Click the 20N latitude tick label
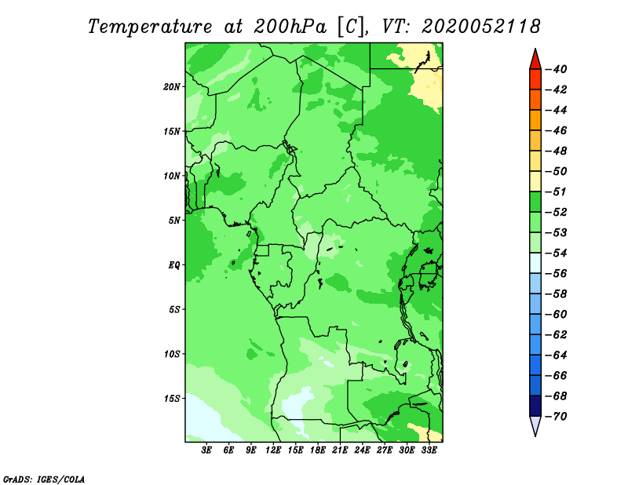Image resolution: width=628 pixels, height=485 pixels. tap(172, 87)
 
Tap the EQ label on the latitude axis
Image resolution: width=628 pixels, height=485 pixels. tap(173, 265)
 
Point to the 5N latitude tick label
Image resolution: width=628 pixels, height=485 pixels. tap(174, 221)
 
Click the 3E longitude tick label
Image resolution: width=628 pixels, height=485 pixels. tap(206, 450)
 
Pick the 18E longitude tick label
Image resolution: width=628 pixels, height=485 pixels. tap(318, 450)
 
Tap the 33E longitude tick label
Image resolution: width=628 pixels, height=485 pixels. tap(429, 450)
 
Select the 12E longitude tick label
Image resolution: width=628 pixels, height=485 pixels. tap(273, 450)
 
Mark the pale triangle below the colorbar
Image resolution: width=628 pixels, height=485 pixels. tap(535, 425)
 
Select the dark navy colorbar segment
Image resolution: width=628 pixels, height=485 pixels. tap(535, 406)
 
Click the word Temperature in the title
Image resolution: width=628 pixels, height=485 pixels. tap(150, 27)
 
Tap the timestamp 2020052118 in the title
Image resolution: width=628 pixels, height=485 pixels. tap(481, 27)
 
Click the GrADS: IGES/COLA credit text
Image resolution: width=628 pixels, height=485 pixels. tap(44, 479)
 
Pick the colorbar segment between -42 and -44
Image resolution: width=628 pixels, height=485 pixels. tap(535, 100)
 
